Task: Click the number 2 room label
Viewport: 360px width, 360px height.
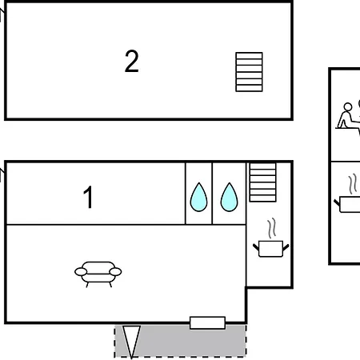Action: click(x=132, y=61)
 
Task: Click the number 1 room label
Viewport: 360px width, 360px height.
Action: click(x=88, y=197)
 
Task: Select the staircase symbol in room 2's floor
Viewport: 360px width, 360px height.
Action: click(x=249, y=72)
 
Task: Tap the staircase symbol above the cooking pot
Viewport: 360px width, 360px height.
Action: click(x=262, y=182)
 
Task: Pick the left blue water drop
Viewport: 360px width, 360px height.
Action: click(x=198, y=198)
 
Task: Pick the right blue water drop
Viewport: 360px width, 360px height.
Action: click(x=229, y=198)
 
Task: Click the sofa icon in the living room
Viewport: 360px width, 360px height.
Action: click(x=98, y=274)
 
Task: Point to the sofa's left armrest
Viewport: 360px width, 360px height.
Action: click(x=81, y=272)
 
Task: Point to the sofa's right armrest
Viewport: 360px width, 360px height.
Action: click(x=115, y=272)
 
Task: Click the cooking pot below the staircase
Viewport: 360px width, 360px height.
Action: click(x=270, y=249)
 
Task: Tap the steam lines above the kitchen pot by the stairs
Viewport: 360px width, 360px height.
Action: click(x=272, y=228)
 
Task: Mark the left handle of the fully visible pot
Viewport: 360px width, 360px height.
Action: click(x=256, y=247)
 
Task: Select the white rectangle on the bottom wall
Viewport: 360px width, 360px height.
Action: click(x=207, y=322)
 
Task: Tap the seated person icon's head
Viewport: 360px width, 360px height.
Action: click(x=348, y=107)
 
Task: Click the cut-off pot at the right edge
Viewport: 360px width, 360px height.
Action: click(x=348, y=205)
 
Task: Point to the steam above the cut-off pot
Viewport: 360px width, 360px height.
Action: click(x=353, y=184)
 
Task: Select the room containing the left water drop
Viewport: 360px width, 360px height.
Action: click(x=198, y=194)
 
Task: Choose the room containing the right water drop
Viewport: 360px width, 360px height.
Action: click(x=229, y=194)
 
